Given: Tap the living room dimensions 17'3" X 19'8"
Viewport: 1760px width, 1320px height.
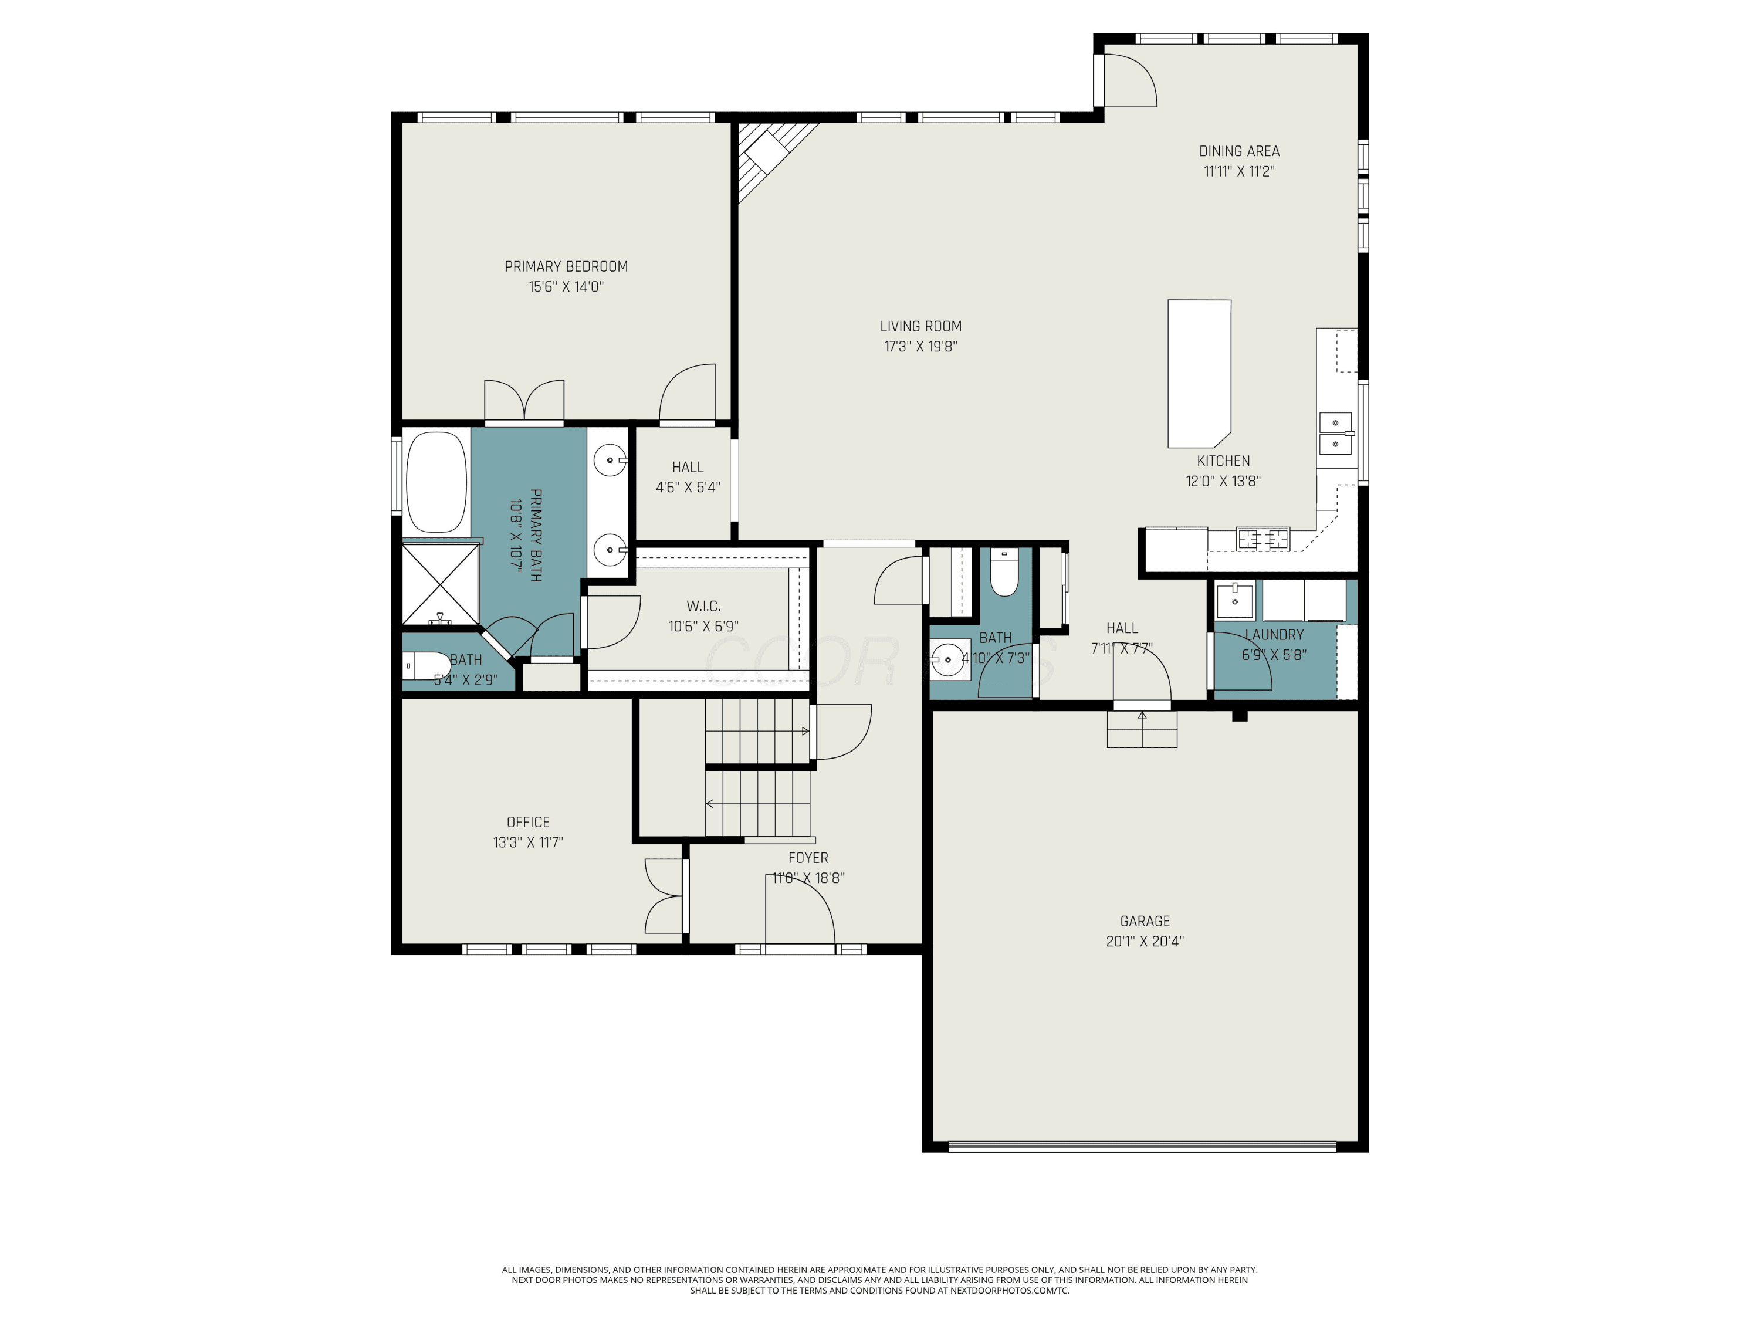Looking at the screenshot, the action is pos(920,346).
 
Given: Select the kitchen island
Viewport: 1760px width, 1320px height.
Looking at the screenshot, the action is pos(1199,373).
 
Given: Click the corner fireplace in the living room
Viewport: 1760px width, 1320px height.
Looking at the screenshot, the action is pos(772,158).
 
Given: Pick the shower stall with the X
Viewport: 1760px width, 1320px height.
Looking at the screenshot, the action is pos(440,584).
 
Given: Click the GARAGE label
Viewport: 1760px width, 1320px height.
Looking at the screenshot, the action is pos(1145,922).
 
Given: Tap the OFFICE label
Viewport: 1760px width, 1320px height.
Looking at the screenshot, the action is pos(529,822).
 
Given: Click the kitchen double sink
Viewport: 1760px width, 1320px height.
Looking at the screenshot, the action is pos(1336,434).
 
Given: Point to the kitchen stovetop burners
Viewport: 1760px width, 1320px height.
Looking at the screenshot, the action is pos(1263,539).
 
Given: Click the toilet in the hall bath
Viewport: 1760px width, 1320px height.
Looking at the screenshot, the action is pos(1005,572).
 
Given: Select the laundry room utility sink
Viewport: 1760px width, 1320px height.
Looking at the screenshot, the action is pos(1235,601).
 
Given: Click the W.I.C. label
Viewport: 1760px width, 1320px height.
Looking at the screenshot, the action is pos(703,606).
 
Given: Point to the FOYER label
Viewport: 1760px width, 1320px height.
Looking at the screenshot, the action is pos(808,858).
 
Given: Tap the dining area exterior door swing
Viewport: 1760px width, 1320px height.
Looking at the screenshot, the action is pos(1131,80).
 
